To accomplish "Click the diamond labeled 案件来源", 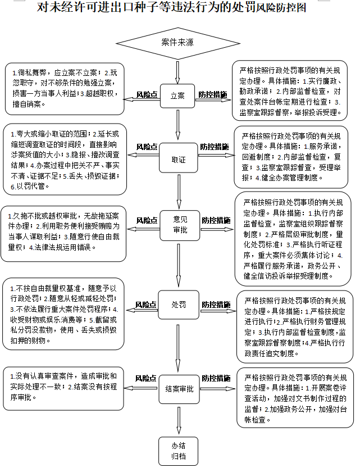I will [177, 43].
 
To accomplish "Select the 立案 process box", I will [177, 96].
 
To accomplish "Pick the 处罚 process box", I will [179, 305].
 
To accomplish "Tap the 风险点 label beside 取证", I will [147, 147].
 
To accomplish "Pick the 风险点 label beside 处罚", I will [145, 305].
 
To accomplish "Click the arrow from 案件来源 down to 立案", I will [177, 71].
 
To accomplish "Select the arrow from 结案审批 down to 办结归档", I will [179, 420].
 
